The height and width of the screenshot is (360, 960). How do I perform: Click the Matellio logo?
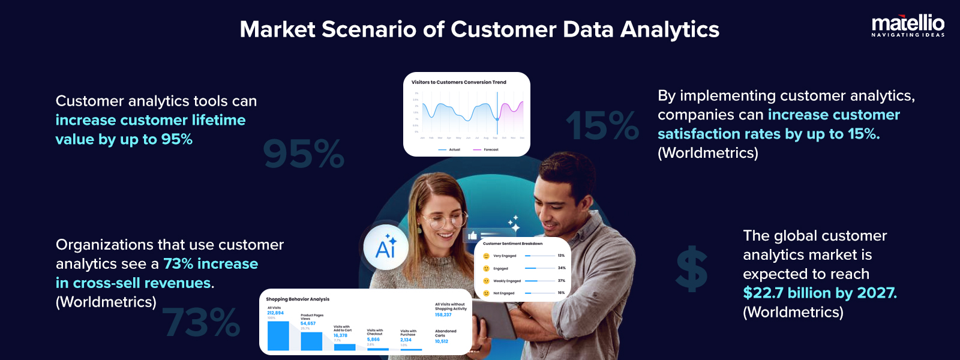coord(908,26)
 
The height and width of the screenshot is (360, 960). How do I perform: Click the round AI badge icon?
coord(386,247)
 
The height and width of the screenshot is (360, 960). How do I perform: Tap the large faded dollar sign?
coord(692,269)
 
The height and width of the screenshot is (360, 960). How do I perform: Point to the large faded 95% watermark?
coord(304,154)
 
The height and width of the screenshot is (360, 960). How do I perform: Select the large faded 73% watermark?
coord(201,322)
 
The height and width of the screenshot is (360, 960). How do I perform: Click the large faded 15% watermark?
coord(602,126)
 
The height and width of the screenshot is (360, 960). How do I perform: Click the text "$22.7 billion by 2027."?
coord(820,293)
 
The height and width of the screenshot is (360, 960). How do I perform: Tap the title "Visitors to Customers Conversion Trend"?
coord(459,82)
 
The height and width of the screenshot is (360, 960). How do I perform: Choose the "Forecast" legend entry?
coord(490,149)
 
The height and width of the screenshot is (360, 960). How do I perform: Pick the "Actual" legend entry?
coord(454,149)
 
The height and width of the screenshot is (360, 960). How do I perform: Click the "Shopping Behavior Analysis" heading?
coord(298,299)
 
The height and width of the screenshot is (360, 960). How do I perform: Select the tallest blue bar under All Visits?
coord(278,335)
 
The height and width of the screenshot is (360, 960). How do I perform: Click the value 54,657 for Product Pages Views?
coord(308,323)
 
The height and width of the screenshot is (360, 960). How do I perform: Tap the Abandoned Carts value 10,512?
coord(442,341)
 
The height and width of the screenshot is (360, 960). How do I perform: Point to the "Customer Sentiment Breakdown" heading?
coord(512,244)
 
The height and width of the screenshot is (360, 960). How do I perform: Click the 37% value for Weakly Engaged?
coord(562,281)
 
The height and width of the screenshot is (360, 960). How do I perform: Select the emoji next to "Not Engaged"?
coord(486,293)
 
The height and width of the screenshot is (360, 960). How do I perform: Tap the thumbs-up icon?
coord(472,236)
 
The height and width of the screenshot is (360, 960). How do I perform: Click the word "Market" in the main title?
coord(277,29)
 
